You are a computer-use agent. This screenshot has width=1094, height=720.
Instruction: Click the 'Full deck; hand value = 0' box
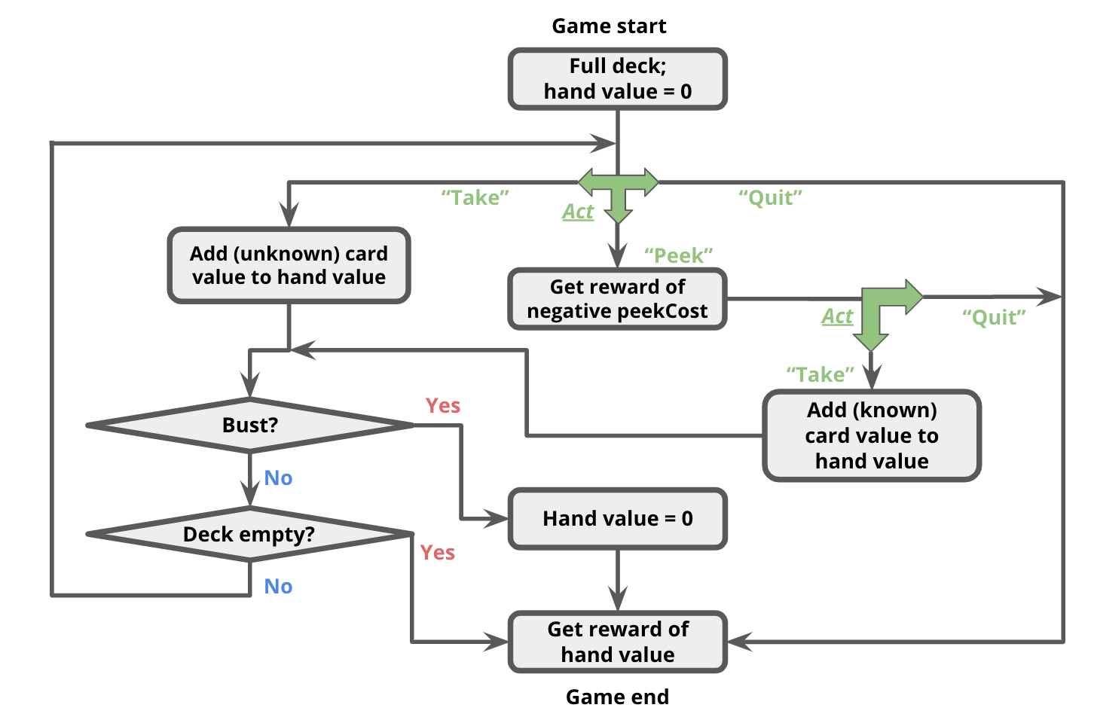[617, 79]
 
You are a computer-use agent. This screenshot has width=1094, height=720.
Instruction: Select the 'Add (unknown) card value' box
[289, 265]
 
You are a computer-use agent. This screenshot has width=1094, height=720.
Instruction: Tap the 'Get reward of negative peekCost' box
[617, 299]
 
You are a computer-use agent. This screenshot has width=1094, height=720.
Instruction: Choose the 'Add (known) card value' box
[872, 435]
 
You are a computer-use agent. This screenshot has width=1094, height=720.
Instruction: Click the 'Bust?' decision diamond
[249, 426]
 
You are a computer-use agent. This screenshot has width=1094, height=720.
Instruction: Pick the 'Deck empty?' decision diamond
[249, 534]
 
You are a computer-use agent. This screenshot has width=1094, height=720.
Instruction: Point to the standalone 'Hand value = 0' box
[617, 518]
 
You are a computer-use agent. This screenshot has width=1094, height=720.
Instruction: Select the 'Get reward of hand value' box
[617, 642]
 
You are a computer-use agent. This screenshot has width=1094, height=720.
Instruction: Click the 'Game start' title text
[609, 26]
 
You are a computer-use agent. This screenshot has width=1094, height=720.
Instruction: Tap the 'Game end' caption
[617, 697]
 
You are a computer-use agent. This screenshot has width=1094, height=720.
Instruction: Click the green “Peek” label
[678, 255]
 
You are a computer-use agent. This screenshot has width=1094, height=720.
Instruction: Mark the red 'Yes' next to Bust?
[443, 406]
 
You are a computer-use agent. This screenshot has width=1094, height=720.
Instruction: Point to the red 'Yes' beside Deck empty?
[438, 553]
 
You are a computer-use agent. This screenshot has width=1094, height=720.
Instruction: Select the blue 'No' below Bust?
[278, 478]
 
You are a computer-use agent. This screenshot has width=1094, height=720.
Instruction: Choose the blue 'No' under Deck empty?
[278, 587]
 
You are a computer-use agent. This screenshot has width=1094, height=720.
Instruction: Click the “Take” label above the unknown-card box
[475, 198]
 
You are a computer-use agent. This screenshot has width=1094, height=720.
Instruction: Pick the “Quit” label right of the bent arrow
[994, 317]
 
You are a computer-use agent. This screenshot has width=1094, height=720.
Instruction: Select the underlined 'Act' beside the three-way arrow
[578, 212]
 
